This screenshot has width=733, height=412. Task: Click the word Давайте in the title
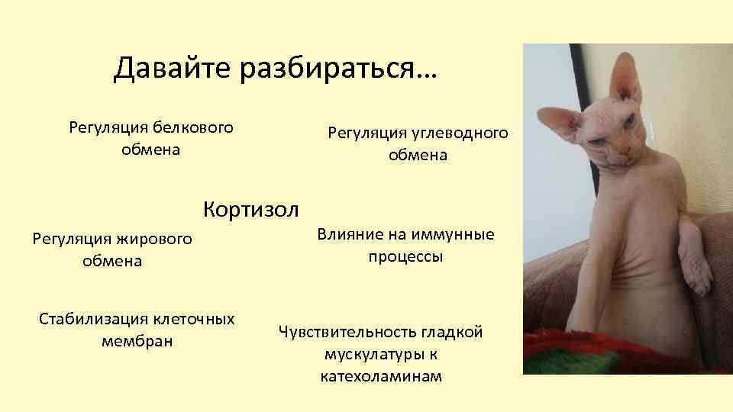tap(173, 69)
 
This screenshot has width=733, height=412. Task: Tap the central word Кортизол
tap(251, 208)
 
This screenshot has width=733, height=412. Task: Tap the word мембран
tap(137, 340)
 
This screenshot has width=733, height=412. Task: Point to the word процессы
tap(405, 256)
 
